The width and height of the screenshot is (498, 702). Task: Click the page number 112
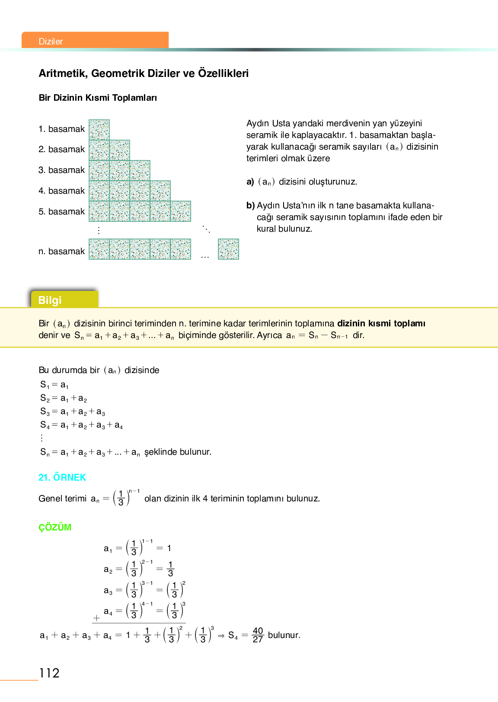tap(49, 673)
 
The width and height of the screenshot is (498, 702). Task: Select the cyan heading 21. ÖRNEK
tap(62, 477)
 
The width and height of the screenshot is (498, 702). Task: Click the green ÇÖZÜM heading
tap(55, 527)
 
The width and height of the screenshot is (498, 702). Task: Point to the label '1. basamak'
tap(61, 129)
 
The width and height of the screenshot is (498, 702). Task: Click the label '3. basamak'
tap(61, 170)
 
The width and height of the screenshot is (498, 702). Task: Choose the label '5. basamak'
tap(61, 211)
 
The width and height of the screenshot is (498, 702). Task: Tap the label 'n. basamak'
tap(61, 251)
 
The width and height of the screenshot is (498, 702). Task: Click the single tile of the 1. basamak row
tap(99, 130)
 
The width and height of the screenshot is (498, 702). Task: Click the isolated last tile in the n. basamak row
tap(228, 249)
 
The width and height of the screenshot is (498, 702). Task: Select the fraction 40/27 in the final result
tap(258, 635)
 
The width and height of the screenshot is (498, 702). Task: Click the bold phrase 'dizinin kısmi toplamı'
tap(381, 323)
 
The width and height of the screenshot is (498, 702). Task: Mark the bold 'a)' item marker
tap(250, 182)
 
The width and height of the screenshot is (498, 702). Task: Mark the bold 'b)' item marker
tap(250, 205)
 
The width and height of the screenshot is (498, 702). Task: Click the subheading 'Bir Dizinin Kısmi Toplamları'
tap(98, 98)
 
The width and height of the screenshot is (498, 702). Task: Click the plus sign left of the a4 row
tap(96, 618)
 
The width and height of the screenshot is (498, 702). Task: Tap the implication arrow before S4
tap(221, 635)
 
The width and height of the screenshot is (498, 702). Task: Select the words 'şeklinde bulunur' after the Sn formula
tap(178, 452)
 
